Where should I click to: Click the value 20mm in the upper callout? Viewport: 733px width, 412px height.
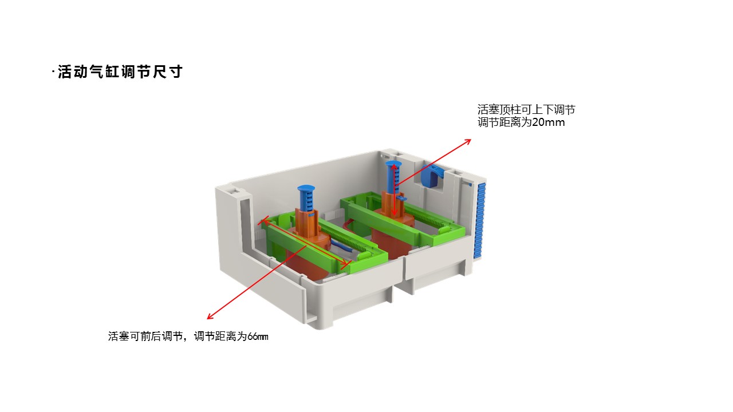[x=549, y=122]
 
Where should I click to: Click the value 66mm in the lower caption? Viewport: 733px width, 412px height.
[x=258, y=336]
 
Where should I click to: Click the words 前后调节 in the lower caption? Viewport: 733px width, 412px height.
[x=161, y=336]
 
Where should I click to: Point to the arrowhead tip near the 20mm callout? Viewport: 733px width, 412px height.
[x=471, y=140]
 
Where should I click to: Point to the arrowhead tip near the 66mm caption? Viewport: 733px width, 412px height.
[x=207, y=319]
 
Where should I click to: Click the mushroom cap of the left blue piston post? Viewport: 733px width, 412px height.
[x=306, y=188]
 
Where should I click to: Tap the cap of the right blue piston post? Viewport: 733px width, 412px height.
[x=393, y=163]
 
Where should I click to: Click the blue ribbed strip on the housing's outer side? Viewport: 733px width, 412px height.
[x=480, y=221]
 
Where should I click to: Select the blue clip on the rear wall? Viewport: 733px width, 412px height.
[x=431, y=177]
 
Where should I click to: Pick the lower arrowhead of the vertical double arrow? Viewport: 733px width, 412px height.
[x=395, y=216]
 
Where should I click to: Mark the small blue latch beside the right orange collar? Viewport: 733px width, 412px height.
[x=403, y=198]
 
